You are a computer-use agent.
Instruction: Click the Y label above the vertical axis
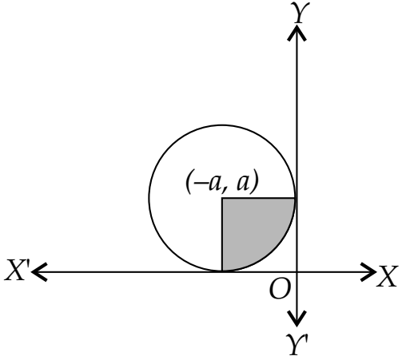301,12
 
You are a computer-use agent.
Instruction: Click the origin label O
279,289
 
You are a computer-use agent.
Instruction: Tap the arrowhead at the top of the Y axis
297,33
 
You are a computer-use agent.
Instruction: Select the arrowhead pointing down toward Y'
297,318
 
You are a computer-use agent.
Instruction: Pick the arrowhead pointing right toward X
368,271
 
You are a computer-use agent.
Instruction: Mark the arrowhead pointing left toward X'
39,271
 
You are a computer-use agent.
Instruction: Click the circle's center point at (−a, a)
222,198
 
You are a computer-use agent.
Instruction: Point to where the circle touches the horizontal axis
222,271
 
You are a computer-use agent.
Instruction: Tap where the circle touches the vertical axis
295,198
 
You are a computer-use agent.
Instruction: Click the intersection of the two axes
297,271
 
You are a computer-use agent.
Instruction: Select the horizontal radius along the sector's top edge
258,198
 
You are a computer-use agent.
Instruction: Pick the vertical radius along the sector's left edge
222,235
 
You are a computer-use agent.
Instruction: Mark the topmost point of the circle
222,125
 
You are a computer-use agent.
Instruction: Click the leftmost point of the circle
149,198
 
